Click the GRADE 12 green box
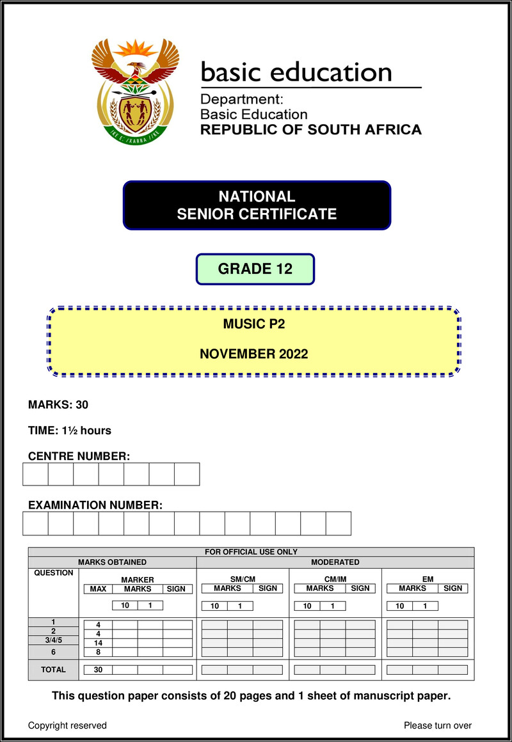click(255, 269)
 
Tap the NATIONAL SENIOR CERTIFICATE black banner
click(257, 205)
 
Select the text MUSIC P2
click(253, 324)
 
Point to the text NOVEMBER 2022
click(253, 354)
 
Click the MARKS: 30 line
click(58, 404)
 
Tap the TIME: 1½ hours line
click(70, 430)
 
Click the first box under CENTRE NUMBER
click(35, 474)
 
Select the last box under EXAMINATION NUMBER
click(338, 523)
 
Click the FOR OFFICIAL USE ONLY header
click(251, 552)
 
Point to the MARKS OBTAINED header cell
click(112, 562)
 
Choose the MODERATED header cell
click(335, 562)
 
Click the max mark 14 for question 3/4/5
click(99, 643)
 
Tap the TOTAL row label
click(53, 670)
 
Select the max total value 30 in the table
click(99, 670)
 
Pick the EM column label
click(428, 580)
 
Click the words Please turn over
click(438, 725)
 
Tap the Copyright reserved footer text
click(67, 725)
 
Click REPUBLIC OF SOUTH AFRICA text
click(311, 130)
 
